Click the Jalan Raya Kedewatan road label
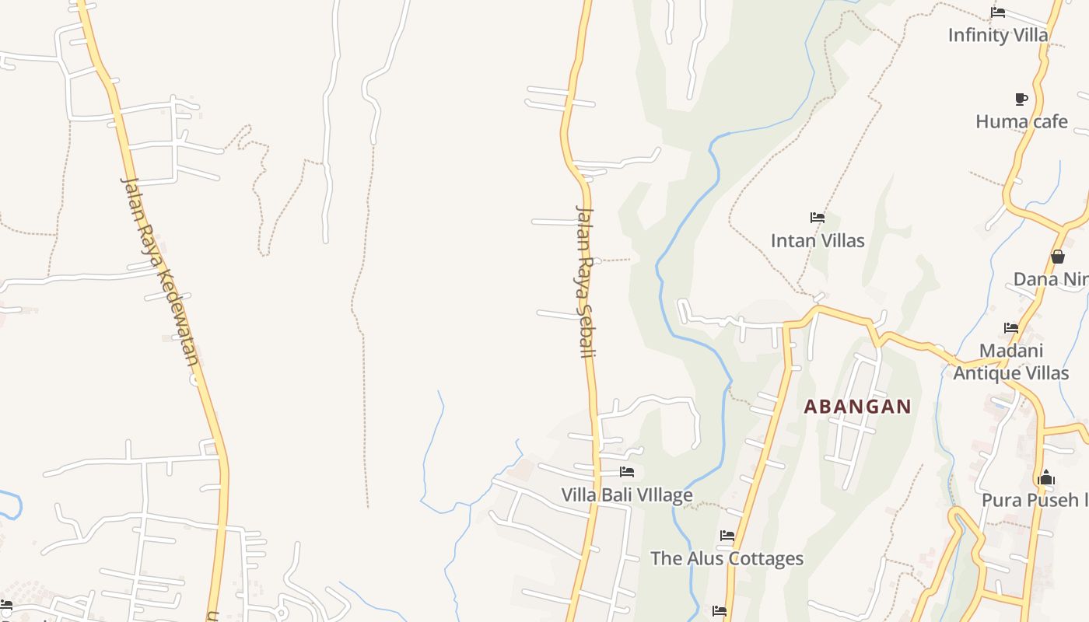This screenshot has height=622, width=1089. [160, 271]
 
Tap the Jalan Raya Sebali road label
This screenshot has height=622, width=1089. [585, 281]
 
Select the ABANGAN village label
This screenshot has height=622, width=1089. [857, 407]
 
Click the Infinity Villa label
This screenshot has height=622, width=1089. [998, 35]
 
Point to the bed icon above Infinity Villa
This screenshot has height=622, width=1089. [998, 12]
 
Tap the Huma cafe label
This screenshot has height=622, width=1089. [1021, 121]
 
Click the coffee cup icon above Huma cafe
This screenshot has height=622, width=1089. [1021, 99]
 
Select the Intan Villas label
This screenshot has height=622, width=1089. [818, 240]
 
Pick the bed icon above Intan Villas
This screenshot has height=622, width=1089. [818, 218]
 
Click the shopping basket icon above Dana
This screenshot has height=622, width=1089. [1057, 257]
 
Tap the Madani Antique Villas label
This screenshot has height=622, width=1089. [1011, 362]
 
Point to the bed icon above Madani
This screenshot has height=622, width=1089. [1011, 328]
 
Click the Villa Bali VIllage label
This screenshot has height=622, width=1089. [627, 494]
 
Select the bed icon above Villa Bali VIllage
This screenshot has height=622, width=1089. [627, 472]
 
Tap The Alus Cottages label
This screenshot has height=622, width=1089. [727, 558]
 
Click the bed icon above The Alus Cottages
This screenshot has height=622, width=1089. [727, 536]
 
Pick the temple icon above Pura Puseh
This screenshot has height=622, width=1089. [1046, 477]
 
